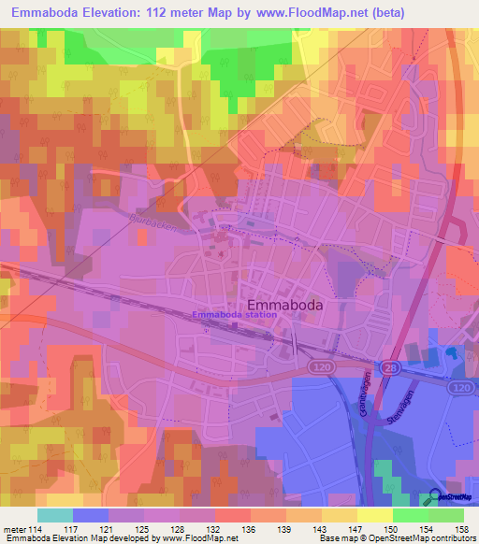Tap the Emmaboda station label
tap(234, 315)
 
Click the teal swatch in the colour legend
tap(55, 515)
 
